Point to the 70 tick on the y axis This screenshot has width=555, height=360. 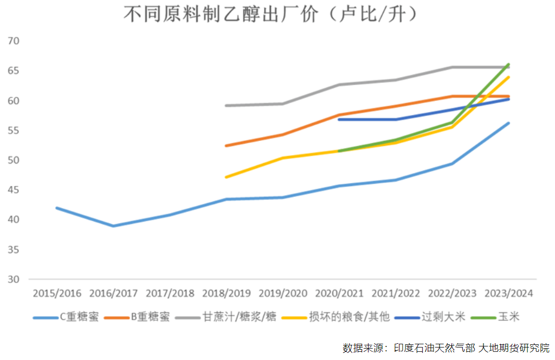(x=14, y=41)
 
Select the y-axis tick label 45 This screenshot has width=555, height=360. (x=14, y=190)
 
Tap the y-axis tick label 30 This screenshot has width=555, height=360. (x=14, y=280)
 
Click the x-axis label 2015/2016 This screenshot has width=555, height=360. (x=57, y=293)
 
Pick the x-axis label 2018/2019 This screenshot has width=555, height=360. (x=226, y=293)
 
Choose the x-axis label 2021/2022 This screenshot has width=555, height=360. (x=396, y=293)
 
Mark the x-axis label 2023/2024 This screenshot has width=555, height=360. (x=509, y=293)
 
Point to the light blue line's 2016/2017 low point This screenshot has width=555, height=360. (x=113, y=226)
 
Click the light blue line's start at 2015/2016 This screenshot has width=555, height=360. (x=57, y=208)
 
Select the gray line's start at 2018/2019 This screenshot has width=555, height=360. (x=226, y=105)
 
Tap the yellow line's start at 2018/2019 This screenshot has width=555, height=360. (x=226, y=177)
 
